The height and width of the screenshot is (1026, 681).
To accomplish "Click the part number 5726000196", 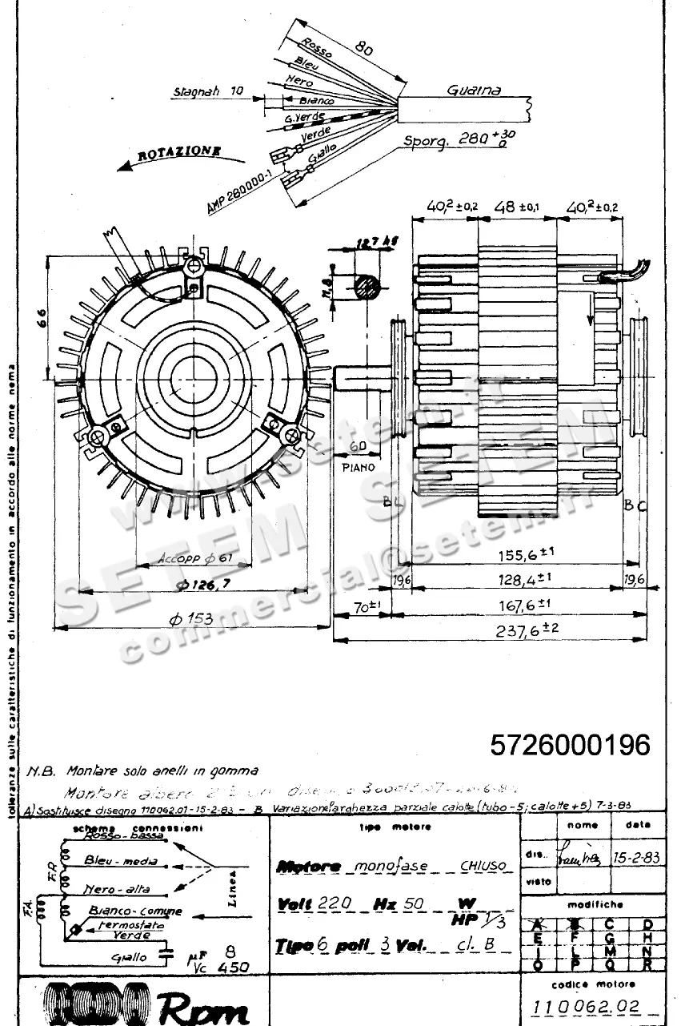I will point(570,745).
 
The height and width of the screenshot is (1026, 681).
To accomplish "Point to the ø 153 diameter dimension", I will point(193,618).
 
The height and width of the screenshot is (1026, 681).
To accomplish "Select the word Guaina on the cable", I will point(473,91).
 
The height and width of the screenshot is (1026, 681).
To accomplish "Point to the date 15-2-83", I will point(636,856).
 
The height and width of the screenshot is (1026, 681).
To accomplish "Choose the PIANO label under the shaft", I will point(358,466).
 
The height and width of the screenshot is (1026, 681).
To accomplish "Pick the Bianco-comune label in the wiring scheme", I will point(135,911).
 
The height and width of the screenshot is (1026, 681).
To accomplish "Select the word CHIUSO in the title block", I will point(483,866).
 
